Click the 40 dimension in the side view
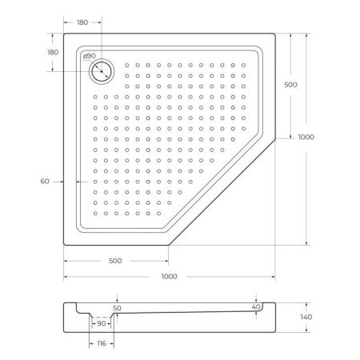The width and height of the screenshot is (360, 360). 255,306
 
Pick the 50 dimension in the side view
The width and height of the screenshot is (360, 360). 117,307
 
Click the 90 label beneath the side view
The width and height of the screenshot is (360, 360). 102,323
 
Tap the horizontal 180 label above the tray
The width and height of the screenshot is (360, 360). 81,22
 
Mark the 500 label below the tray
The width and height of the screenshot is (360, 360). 115,261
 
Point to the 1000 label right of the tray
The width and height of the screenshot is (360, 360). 306,137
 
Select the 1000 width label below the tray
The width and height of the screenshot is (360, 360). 169,276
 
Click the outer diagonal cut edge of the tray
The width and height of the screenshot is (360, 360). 222,192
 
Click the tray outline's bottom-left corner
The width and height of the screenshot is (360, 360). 64,245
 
